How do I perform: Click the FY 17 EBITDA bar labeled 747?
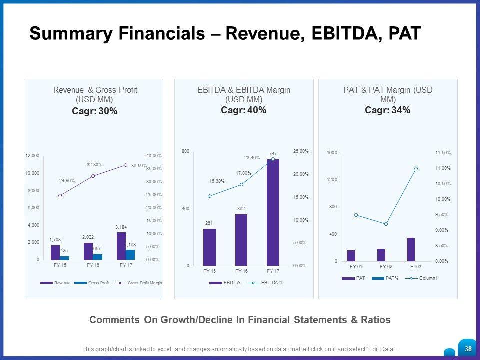[x=273, y=212]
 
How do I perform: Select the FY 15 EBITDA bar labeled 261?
[x=209, y=247]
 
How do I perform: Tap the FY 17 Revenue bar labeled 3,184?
[x=121, y=246]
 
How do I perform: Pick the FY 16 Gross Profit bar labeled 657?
[x=97, y=257]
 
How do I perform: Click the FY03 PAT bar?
[x=411, y=249]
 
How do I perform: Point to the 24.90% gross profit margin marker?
[x=60, y=195]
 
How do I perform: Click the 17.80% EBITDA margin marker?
[x=241, y=184]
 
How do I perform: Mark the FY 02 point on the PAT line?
[x=386, y=224]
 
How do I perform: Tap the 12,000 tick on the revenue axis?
[x=33, y=156]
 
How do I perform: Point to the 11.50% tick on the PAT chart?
[x=443, y=152]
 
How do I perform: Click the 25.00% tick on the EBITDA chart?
[x=301, y=151]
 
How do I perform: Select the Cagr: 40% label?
[x=244, y=110]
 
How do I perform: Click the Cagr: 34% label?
[x=388, y=110]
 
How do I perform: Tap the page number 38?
[x=468, y=349]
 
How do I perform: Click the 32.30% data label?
[x=94, y=164]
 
